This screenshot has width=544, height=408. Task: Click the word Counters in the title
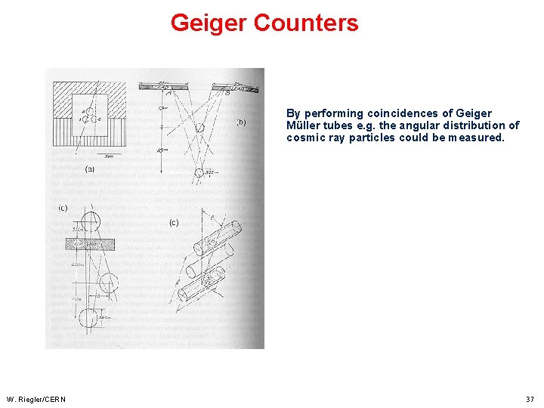pyautogui.click(x=306, y=23)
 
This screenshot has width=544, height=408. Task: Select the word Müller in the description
pyautogui.click(x=304, y=126)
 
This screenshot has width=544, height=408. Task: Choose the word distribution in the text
pyautogui.click(x=476, y=126)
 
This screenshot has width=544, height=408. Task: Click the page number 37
pyautogui.click(x=530, y=399)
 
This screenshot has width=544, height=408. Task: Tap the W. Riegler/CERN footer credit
pyautogui.click(x=36, y=399)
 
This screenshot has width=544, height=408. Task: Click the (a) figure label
pyautogui.click(x=90, y=169)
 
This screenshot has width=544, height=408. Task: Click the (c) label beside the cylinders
pyautogui.click(x=174, y=222)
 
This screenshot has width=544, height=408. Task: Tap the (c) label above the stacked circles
pyautogui.click(x=63, y=208)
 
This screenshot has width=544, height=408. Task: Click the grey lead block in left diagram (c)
pyautogui.click(x=89, y=244)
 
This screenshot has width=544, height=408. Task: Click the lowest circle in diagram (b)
pyautogui.click(x=199, y=174)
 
